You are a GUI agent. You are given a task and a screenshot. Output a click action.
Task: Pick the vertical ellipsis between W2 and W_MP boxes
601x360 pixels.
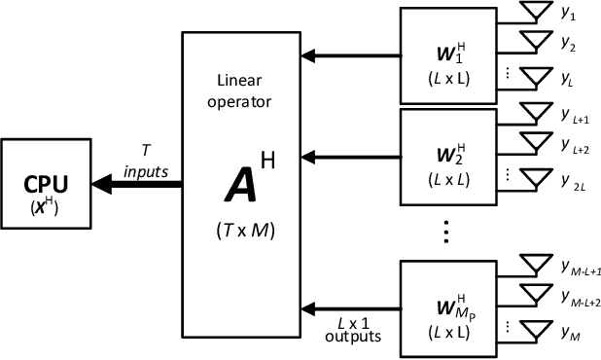pyautogui.click(x=444, y=233)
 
